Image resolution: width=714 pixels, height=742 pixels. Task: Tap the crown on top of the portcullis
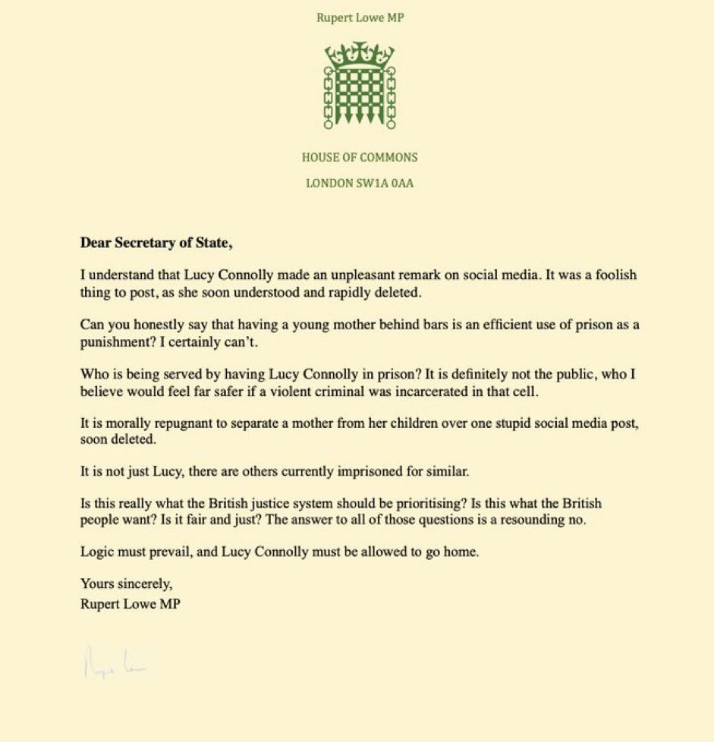click(x=360, y=53)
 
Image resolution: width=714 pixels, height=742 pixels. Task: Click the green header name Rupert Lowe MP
click(x=360, y=17)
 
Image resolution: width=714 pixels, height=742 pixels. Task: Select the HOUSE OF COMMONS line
click(x=360, y=158)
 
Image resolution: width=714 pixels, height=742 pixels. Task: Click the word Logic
click(x=96, y=552)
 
